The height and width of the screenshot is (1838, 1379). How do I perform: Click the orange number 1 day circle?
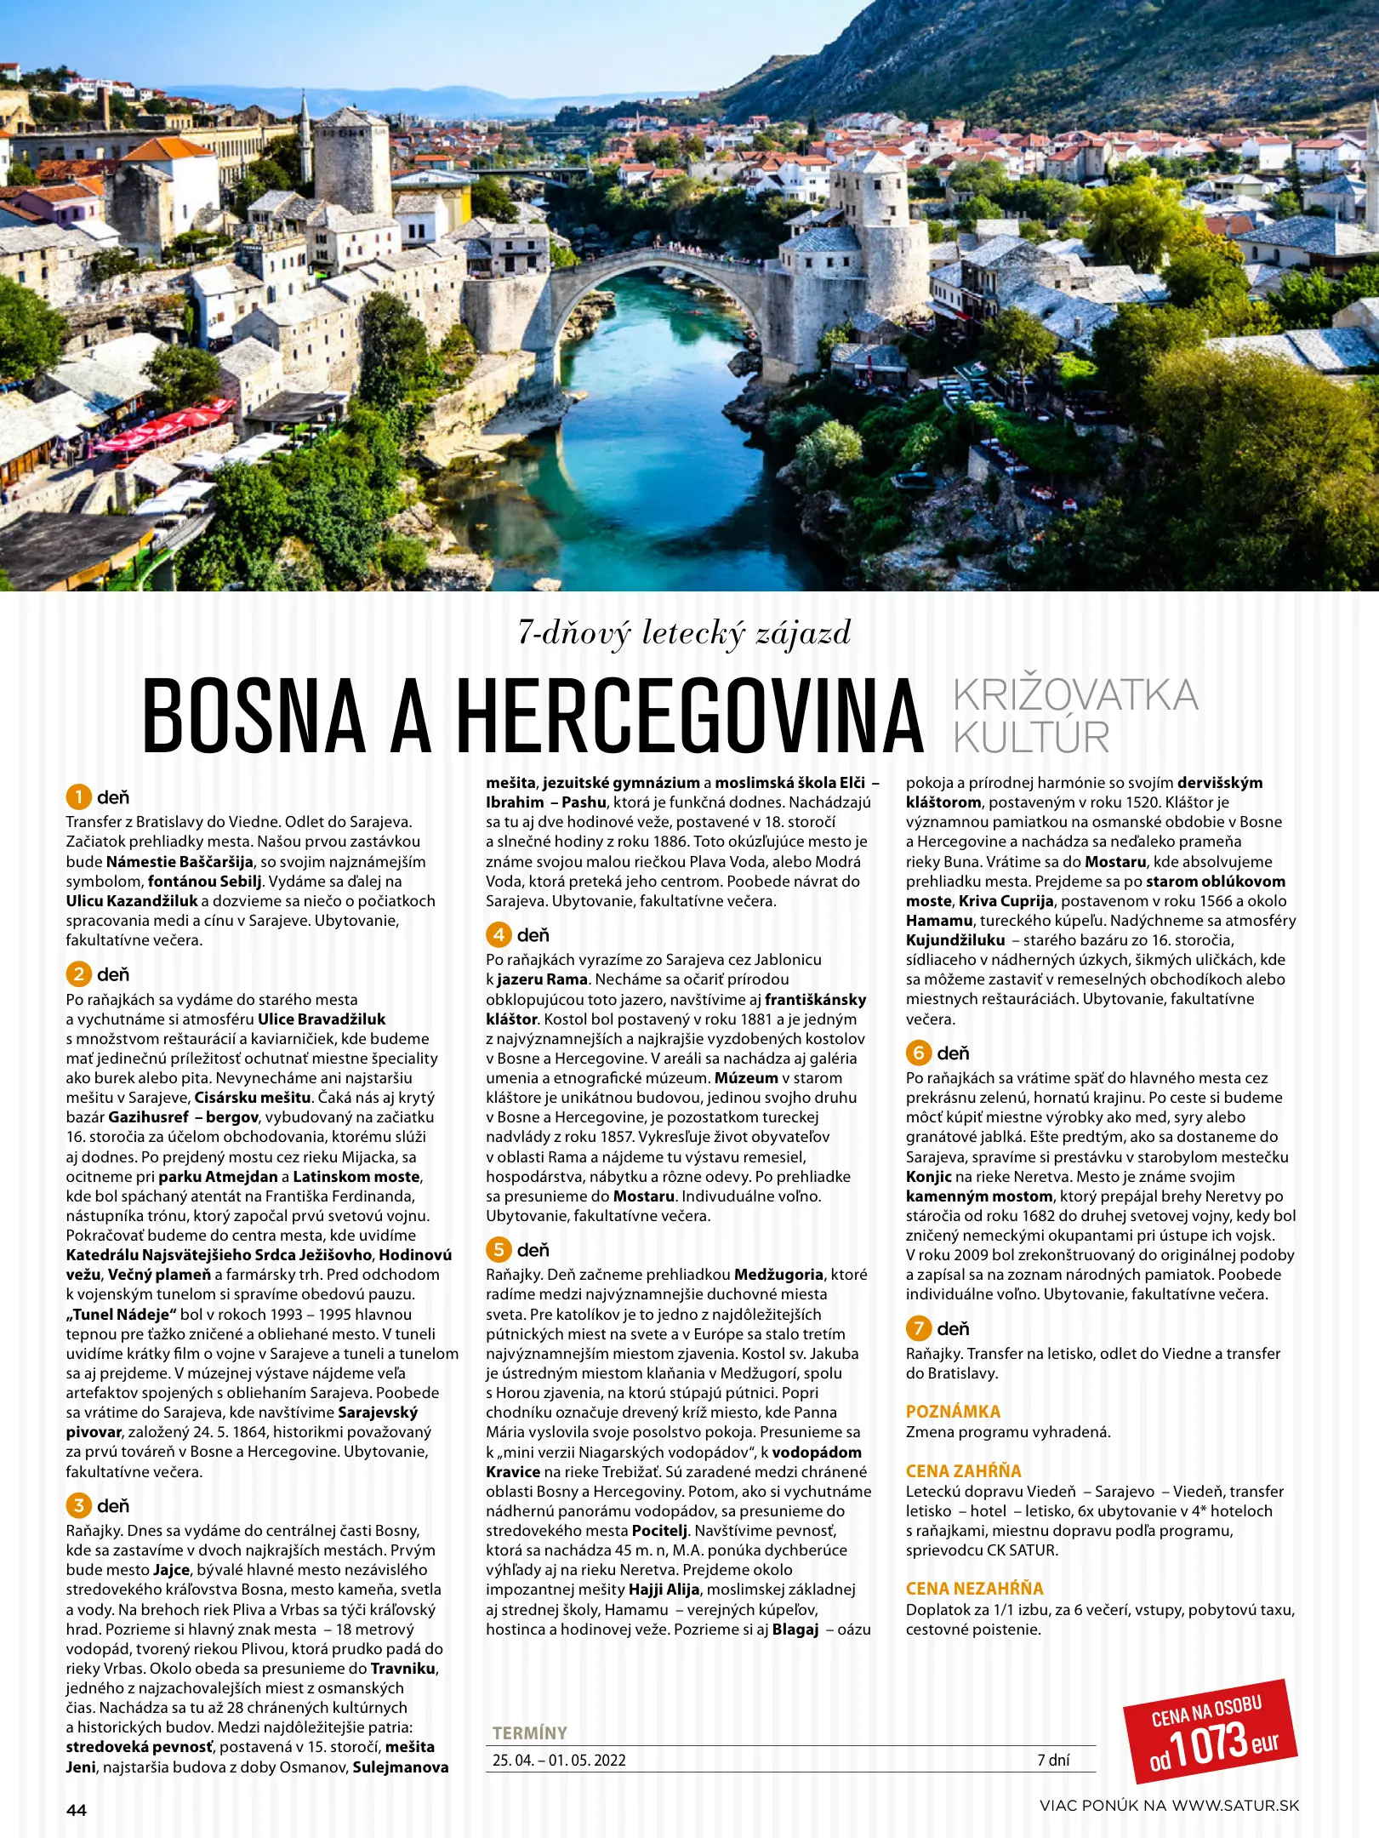click(x=78, y=797)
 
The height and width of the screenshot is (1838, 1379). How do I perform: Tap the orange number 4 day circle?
click(x=499, y=935)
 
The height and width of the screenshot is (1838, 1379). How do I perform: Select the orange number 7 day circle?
click(x=918, y=1328)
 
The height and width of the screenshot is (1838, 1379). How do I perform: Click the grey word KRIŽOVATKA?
click(x=1075, y=695)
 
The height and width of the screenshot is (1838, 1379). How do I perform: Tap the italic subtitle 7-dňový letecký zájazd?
click(x=685, y=633)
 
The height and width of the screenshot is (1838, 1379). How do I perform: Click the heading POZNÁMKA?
click(x=953, y=1412)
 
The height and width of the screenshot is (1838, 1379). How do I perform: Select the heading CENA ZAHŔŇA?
click(x=963, y=1471)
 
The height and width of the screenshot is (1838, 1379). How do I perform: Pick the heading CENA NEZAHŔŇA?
click(x=974, y=1589)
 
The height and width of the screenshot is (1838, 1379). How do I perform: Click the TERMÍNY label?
click(x=529, y=1732)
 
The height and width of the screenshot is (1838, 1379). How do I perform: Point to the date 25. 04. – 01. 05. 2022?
click(x=559, y=1760)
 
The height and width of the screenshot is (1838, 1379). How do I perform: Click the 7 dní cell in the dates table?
click(x=1053, y=1760)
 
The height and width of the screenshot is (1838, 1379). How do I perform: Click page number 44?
click(x=77, y=1810)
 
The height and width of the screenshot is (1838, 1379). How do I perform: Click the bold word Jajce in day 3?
click(x=171, y=1570)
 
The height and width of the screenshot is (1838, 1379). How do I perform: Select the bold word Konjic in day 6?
click(x=928, y=1177)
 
